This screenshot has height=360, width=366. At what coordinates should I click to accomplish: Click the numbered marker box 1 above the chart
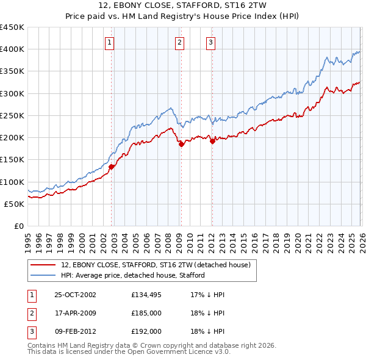[x=109, y=42]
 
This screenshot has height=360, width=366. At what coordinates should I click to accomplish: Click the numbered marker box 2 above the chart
[x=179, y=42]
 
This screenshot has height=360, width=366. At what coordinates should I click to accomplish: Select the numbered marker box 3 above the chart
[x=210, y=42]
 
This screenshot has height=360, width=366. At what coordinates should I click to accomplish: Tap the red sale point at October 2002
[x=112, y=166]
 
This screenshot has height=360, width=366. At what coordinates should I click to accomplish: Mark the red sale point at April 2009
[x=181, y=144]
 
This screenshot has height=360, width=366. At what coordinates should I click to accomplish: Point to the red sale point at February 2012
[x=212, y=141]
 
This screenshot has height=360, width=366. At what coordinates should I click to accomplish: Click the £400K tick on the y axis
[x=12, y=49]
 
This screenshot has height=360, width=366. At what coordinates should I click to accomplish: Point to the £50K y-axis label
[x=15, y=204]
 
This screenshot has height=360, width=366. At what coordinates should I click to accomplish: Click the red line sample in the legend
[x=44, y=265]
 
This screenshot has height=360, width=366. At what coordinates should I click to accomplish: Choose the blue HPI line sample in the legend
[x=44, y=276]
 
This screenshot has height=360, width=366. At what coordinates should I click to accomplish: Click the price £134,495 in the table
[x=146, y=295]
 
